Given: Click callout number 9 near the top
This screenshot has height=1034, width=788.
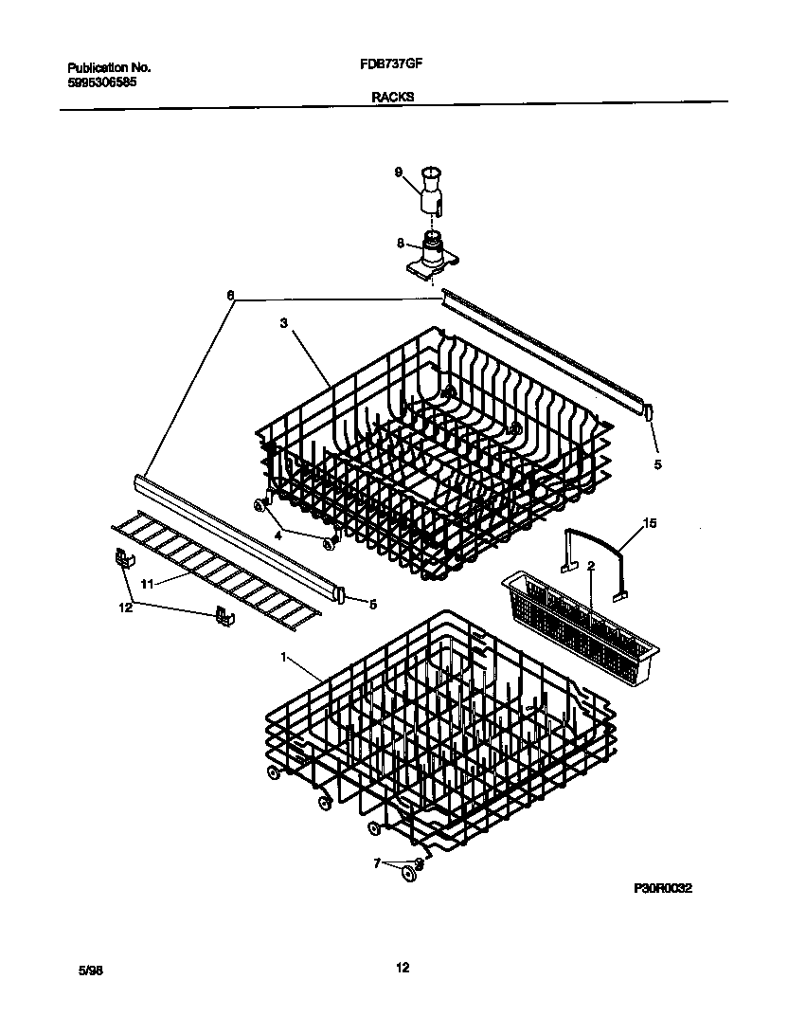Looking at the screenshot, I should pos(399,172).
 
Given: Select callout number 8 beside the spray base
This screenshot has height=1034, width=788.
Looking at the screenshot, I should pos(402,242).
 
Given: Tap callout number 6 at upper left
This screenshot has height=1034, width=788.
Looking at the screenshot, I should pos(229,295).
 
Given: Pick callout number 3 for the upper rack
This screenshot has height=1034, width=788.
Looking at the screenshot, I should pos(283,323).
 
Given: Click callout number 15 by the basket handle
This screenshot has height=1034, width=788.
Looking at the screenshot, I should pos(650,522).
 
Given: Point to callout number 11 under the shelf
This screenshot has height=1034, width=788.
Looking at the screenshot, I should pos(147,585).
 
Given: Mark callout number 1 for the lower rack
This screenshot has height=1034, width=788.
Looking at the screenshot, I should pos(283,656).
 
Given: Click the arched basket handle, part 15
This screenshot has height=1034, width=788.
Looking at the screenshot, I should pos(594,542).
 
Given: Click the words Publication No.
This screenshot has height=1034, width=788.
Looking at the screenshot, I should pos(109,68).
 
